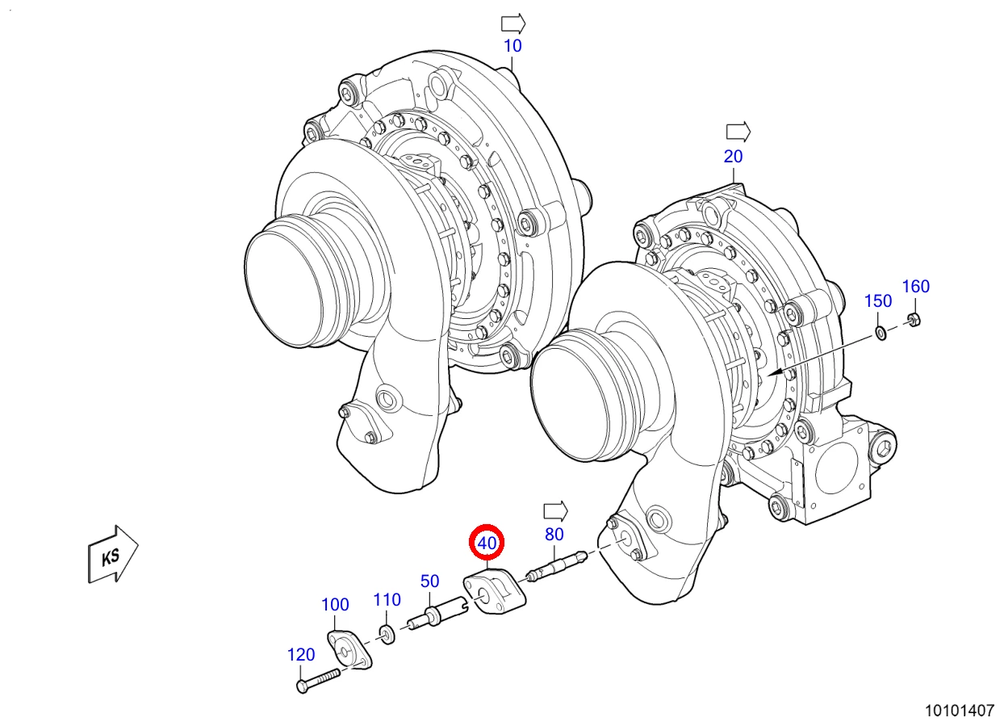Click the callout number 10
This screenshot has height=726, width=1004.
point(512,46)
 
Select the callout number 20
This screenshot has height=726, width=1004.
point(734,157)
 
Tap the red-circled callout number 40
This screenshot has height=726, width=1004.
point(487,543)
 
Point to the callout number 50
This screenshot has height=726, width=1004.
point(429,581)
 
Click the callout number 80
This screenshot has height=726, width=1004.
point(554,535)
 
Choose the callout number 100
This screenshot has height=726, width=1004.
point(335,605)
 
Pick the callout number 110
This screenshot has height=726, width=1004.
point(387,599)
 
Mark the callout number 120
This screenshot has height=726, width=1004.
point(301,655)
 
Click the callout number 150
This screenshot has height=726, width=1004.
point(878,301)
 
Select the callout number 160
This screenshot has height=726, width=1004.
point(916,287)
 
